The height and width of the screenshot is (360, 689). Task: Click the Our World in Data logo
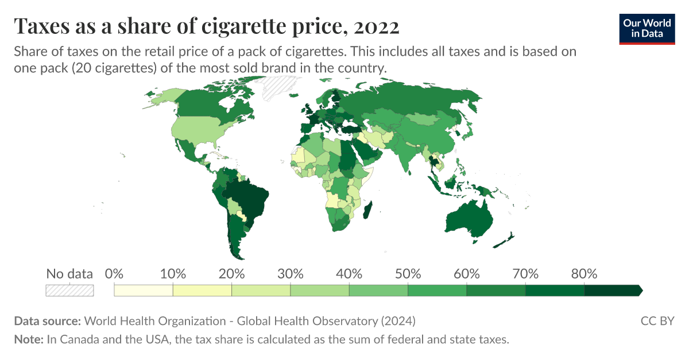647,29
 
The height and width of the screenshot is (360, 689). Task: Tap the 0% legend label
114,273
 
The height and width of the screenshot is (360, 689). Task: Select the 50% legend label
408,273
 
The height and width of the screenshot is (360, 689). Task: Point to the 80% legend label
584,273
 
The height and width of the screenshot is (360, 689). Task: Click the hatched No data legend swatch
70,291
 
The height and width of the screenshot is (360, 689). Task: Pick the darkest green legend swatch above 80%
613,291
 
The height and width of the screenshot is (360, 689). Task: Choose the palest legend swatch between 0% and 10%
144,291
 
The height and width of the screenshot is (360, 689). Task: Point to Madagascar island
367,210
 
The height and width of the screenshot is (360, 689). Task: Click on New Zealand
504,241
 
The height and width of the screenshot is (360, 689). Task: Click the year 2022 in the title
377,26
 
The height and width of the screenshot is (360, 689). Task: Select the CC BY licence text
657,321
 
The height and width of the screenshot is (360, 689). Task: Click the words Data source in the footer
48,321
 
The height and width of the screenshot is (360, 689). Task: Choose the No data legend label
69,273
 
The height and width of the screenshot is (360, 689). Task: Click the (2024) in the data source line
398,321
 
